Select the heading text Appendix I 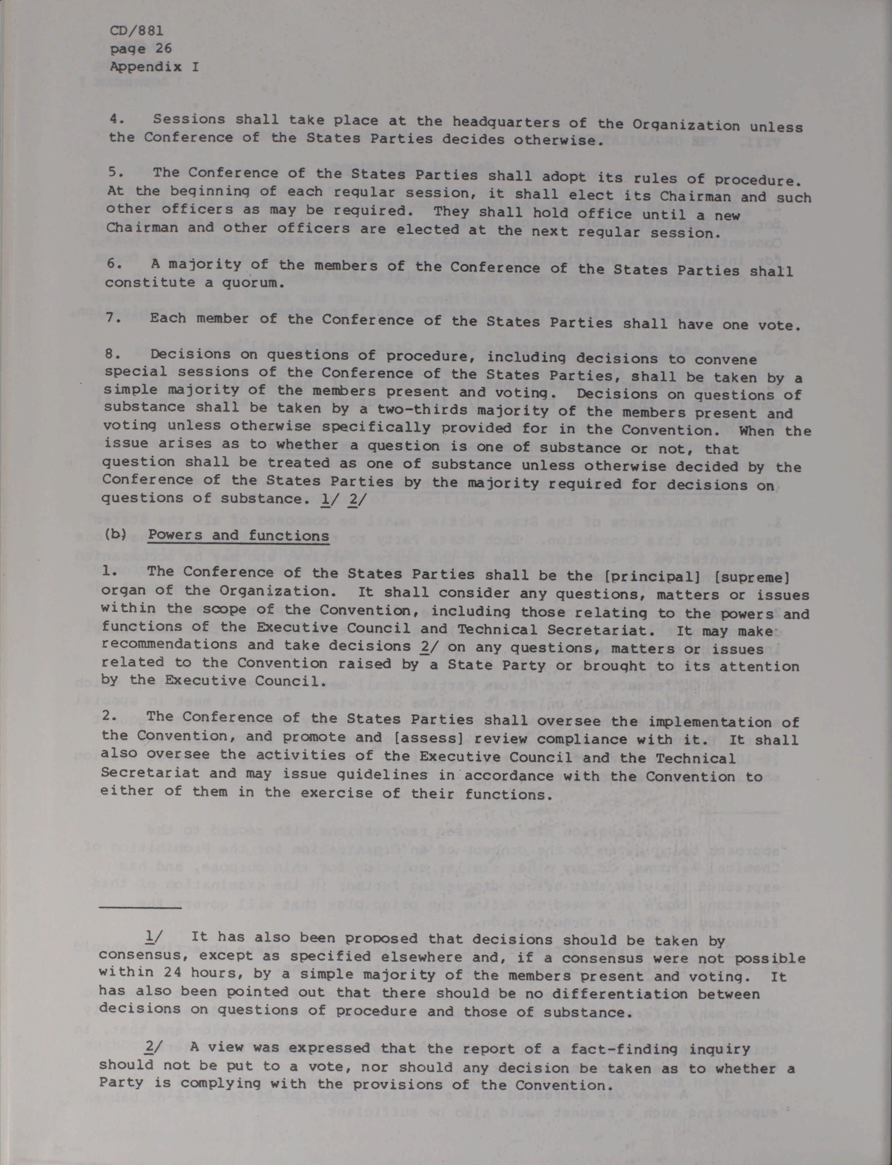tap(154, 67)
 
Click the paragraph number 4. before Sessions tap(116, 119)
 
